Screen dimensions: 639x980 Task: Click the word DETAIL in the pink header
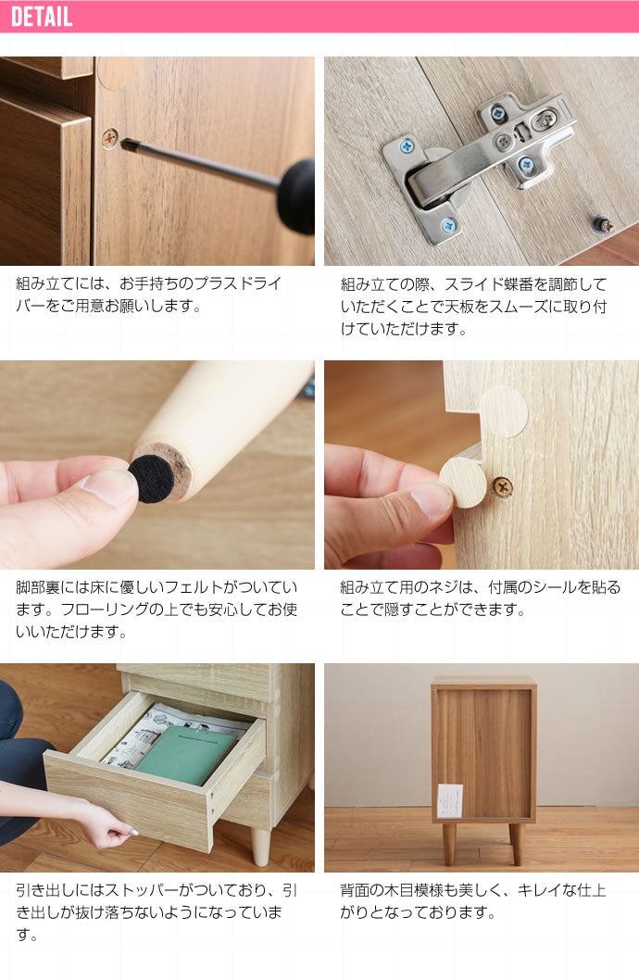pos(42,17)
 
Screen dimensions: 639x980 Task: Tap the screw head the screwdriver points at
pos(110,137)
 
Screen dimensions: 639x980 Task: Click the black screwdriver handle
pos(298,196)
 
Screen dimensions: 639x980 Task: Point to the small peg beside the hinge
pos(603,224)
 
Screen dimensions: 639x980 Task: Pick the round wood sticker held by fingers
pos(463,483)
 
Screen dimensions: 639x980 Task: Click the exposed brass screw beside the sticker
pos(502,485)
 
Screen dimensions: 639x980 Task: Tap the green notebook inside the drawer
pos(186,756)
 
